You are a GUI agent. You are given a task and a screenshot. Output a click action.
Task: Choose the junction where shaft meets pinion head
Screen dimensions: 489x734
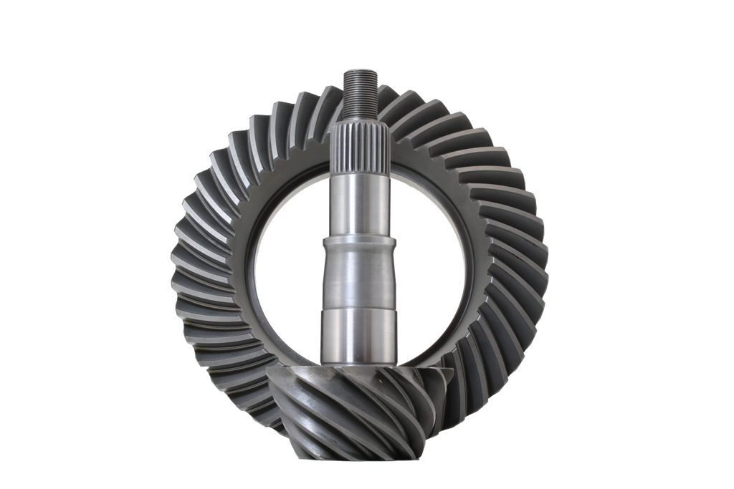pos(361,364)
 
